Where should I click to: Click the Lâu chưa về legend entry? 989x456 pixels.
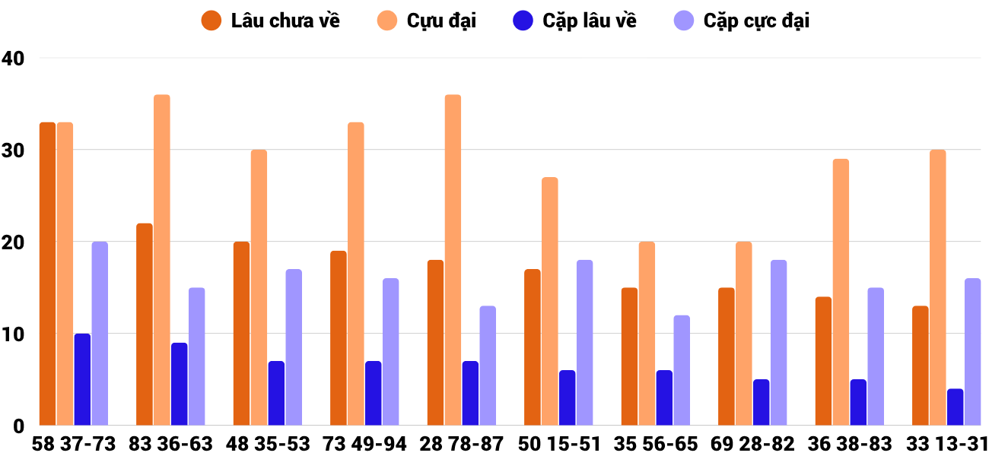pyautogui.click(x=270, y=21)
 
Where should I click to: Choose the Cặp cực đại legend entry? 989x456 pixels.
pyautogui.click(x=742, y=21)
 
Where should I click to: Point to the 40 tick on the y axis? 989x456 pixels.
pyautogui.click(x=14, y=58)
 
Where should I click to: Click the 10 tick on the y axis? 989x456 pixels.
pyautogui.click(x=14, y=334)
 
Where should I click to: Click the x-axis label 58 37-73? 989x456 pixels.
pyautogui.click(x=74, y=444)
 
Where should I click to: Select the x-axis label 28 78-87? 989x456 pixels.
pyautogui.click(x=462, y=444)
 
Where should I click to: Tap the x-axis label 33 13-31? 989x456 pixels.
pyautogui.click(x=946, y=444)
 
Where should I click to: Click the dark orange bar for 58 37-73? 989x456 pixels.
pyautogui.click(x=48, y=274)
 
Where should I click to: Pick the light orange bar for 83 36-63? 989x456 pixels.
pyautogui.click(x=162, y=260)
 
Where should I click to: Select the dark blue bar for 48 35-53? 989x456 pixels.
pyautogui.click(x=276, y=393)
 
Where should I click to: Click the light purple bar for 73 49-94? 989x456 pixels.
pyautogui.click(x=390, y=352)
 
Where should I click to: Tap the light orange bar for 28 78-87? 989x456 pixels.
pyautogui.click(x=453, y=260)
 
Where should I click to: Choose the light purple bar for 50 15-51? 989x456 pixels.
pyautogui.click(x=584, y=343)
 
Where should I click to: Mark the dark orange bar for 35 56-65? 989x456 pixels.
pyautogui.click(x=629, y=356)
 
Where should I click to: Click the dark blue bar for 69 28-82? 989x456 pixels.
pyautogui.click(x=761, y=402)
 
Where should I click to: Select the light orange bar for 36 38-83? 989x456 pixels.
pyautogui.click(x=841, y=292)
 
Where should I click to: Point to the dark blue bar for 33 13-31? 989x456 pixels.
pyautogui.click(x=955, y=407)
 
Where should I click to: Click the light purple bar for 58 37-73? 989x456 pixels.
pyautogui.click(x=100, y=334)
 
